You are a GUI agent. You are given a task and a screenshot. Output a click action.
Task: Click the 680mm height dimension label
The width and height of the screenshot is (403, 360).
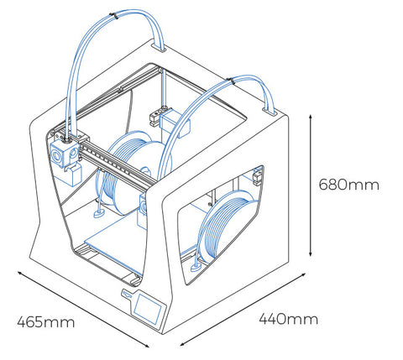coord(349,185)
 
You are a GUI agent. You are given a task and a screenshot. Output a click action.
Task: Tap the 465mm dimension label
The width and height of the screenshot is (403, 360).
coord(46,322)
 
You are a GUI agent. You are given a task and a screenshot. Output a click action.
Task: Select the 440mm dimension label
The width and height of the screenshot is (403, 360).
coord(288,319)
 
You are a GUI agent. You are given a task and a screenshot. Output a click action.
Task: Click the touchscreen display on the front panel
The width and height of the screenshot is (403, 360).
coord(148,309)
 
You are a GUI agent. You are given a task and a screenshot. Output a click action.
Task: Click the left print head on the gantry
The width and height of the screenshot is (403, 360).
coord(66,158)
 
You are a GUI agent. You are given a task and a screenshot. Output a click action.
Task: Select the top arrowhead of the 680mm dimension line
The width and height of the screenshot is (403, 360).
coord(310,117)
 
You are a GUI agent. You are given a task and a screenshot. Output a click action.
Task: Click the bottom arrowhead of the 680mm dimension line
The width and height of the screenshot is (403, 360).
coord(310,253)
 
